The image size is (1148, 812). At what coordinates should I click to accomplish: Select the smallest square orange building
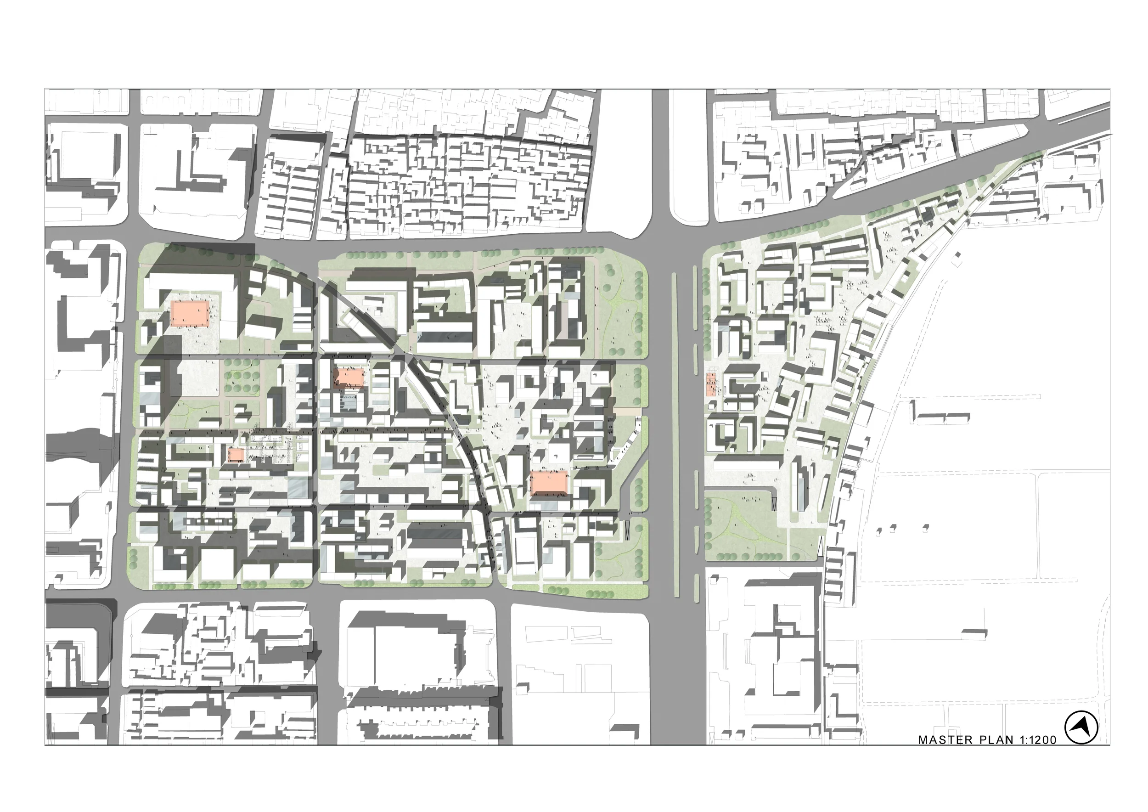pos(236,455)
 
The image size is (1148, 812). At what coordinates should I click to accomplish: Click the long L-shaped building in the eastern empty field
pos(940,416)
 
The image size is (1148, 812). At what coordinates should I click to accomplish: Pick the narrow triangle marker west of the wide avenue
pos(628,529)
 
